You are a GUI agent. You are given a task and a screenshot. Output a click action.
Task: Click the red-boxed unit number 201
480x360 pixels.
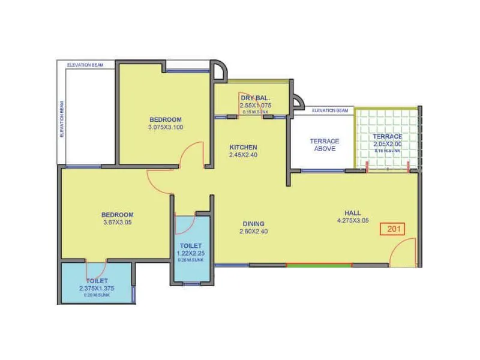click(x=393, y=229)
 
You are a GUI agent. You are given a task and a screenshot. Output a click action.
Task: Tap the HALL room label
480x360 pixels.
click(x=352, y=212)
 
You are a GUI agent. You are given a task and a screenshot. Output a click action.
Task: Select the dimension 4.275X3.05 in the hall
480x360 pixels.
click(x=352, y=220)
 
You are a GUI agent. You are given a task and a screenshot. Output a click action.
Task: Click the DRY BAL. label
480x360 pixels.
click(x=255, y=98)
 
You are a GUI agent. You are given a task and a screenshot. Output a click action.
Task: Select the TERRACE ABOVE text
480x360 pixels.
click(x=324, y=145)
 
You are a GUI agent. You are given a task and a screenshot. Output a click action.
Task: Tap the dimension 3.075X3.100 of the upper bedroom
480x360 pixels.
click(x=166, y=127)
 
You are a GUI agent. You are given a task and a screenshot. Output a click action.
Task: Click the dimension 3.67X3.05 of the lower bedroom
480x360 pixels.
click(x=117, y=222)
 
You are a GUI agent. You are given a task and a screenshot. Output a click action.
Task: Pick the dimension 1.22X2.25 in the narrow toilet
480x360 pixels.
click(x=191, y=253)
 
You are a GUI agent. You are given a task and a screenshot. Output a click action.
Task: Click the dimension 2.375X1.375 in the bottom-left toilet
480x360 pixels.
click(x=97, y=288)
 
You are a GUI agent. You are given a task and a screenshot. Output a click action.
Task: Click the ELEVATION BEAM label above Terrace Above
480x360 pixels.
click(x=330, y=110)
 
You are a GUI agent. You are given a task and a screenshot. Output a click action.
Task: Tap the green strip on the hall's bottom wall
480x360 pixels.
click(x=310, y=265)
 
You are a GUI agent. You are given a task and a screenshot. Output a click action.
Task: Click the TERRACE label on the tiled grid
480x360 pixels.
click(x=387, y=137)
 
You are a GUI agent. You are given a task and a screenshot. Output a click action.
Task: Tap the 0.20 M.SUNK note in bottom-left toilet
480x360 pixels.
click(x=97, y=295)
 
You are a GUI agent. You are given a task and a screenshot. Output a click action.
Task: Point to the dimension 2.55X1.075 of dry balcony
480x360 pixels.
click(x=255, y=105)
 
